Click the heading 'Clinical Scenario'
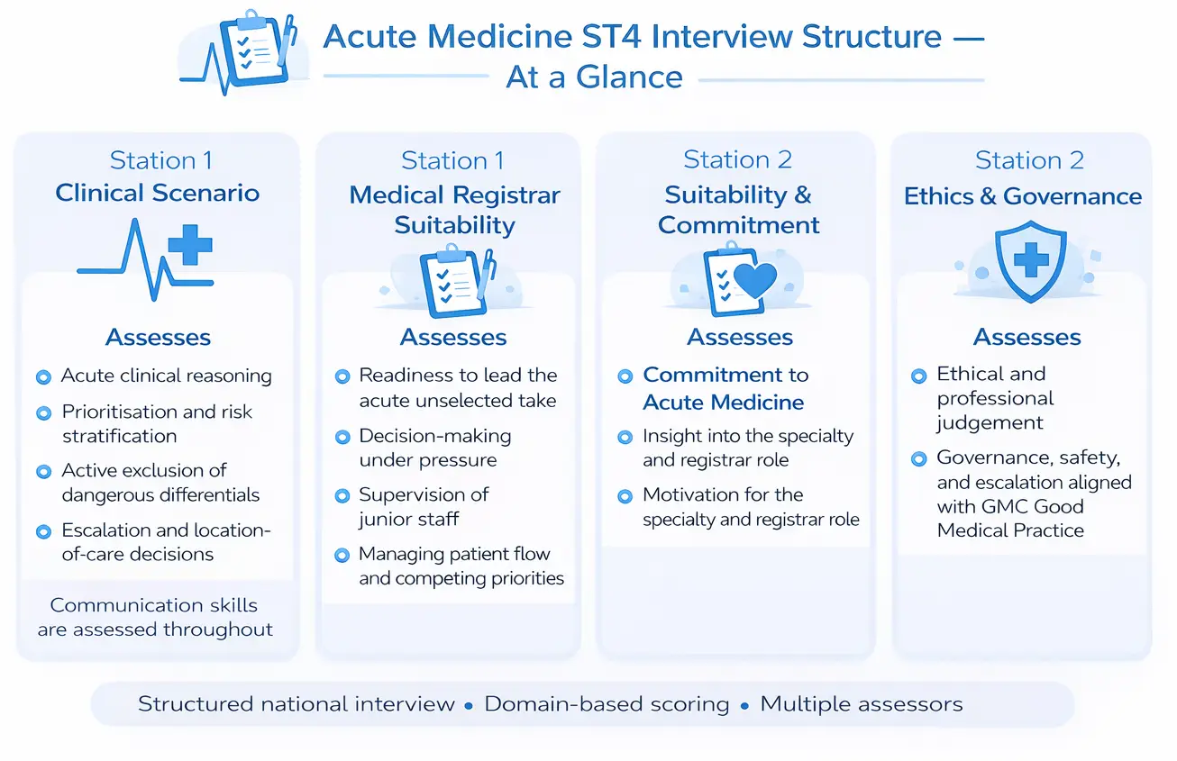(158, 193)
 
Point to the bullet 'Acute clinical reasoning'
(166, 376)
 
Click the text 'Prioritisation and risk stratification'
(157, 423)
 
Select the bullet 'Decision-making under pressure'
(434, 448)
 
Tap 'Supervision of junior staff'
(424, 506)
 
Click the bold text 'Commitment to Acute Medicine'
(725, 388)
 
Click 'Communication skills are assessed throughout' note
(155, 617)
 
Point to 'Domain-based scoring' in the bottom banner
(607, 703)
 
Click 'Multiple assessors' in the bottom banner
(861, 703)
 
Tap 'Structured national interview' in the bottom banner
(296, 703)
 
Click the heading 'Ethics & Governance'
(1023, 196)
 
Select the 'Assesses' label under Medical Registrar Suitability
(453, 337)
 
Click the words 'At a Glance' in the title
(594, 77)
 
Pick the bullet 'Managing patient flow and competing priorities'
(461, 566)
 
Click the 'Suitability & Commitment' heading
(738, 209)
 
